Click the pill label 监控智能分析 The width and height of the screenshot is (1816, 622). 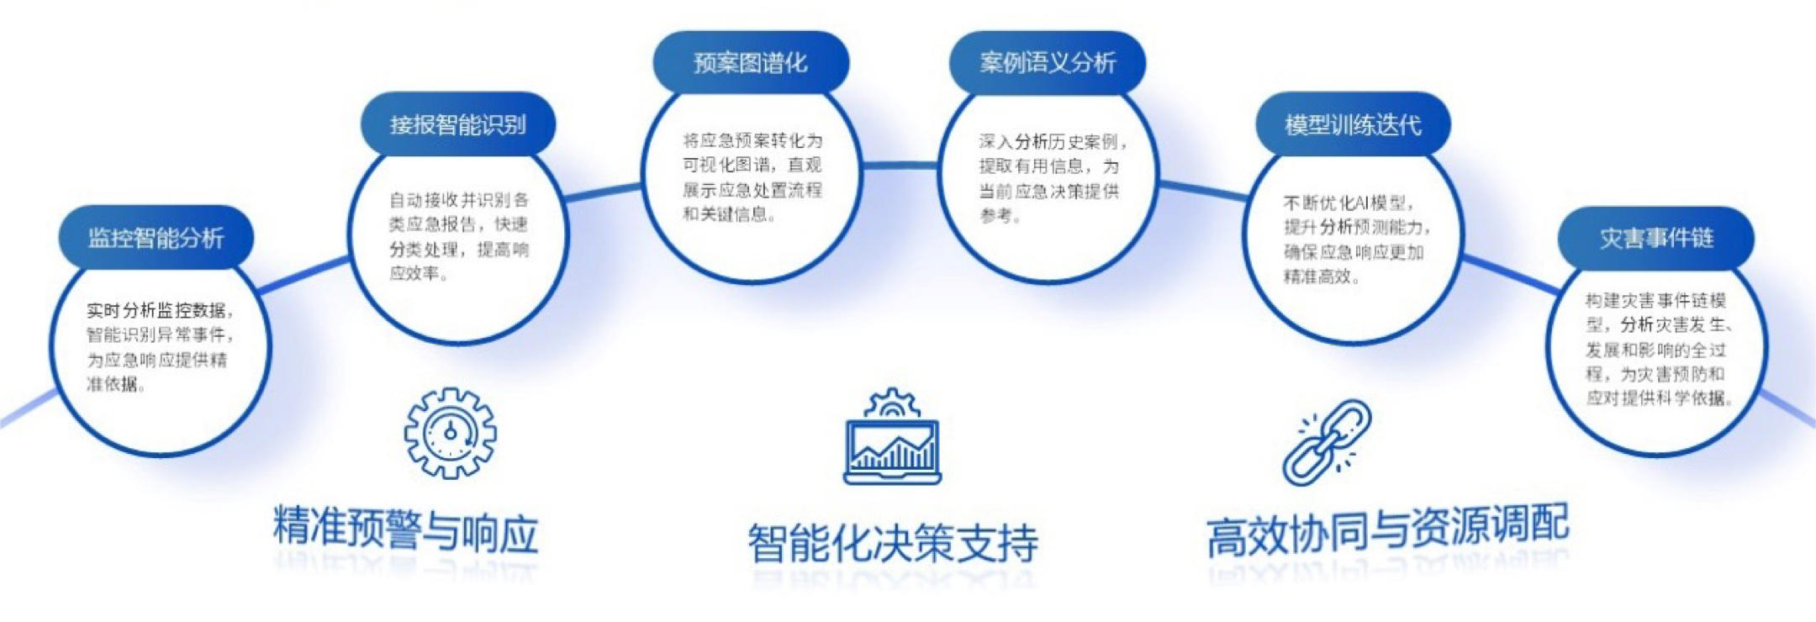(x=156, y=238)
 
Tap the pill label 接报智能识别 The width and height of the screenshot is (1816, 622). (x=458, y=124)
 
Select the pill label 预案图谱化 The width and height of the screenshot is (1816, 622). (x=751, y=62)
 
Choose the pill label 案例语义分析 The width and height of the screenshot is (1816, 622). (x=1048, y=62)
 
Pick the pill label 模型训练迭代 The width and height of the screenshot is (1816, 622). (x=1353, y=124)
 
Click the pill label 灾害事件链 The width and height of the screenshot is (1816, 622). (x=1656, y=238)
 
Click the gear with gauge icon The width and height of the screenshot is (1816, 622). (x=451, y=433)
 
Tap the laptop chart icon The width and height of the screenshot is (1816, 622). (x=892, y=436)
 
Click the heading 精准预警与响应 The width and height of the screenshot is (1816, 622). (x=405, y=530)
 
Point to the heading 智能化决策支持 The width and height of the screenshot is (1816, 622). (x=893, y=543)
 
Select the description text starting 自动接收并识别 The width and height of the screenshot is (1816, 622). (x=459, y=236)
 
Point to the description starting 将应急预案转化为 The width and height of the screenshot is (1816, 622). (x=752, y=177)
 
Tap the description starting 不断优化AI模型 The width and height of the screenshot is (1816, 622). (x=1356, y=240)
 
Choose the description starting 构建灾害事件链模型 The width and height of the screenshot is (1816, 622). (x=1659, y=349)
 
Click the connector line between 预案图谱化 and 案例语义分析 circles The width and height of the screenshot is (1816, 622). (x=900, y=166)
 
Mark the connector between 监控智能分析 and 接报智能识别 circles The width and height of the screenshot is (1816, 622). (x=304, y=276)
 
